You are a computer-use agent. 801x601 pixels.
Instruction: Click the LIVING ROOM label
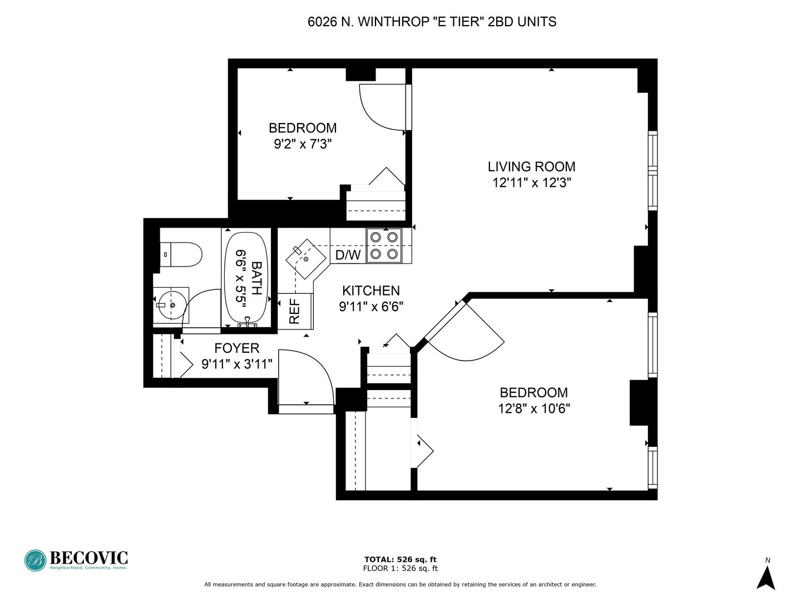[x=531, y=167]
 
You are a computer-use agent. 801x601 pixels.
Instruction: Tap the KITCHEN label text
[x=371, y=290]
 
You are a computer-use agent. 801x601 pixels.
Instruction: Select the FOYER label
[x=237, y=348]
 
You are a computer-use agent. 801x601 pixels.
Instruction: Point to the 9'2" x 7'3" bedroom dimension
[x=303, y=144]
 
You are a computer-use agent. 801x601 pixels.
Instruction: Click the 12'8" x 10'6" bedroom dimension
[x=534, y=408]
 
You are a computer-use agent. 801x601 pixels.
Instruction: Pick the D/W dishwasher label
[x=348, y=255]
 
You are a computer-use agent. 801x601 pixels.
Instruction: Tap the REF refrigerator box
[x=295, y=311]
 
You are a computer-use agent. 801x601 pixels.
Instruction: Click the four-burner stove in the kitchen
[x=384, y=245]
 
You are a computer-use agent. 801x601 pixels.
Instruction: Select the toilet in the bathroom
[x=181, y=254]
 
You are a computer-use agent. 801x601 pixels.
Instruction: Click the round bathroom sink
[x=172, y=305]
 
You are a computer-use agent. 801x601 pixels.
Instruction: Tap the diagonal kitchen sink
[x=306, y=259]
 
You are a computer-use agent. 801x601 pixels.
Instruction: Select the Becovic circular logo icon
[x=36, y=560]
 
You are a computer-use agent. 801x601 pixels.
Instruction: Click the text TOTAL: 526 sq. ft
[x=400, y=559]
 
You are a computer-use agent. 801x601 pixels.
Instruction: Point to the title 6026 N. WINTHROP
[x=368, y=22]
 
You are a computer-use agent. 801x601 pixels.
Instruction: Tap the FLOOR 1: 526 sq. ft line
[x=400, y=568]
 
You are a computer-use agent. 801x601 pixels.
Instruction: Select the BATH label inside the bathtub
[x=256, y=278]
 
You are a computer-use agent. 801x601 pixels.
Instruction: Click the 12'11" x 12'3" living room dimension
[x=531, y=183]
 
